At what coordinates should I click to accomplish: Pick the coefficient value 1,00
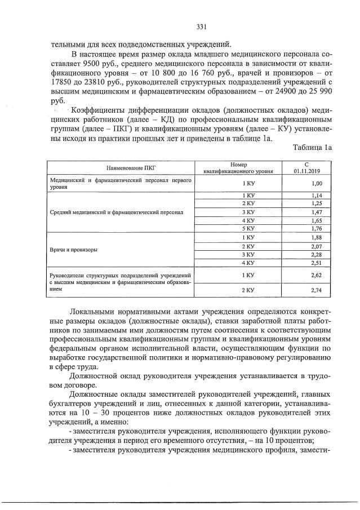pos(316,184)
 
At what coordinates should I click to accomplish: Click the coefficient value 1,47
pos(316,212)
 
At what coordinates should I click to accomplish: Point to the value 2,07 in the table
pos(316,246)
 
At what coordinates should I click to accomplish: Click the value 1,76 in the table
pos(316,229)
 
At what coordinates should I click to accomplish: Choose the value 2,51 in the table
pos(316,263)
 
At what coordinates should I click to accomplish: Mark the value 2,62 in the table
pos(316,275)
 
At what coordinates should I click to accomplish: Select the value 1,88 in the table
pos(316,238)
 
